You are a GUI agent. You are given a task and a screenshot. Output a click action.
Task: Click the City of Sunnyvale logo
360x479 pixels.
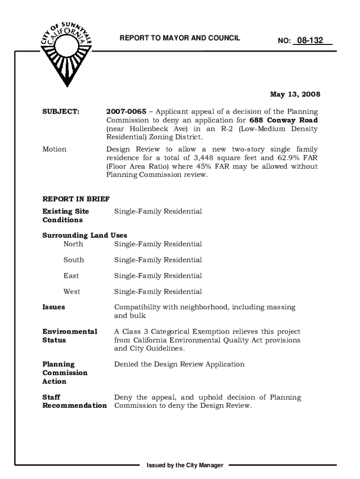[x=65, y=51]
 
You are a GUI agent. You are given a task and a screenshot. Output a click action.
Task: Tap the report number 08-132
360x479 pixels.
[x=312, y=41]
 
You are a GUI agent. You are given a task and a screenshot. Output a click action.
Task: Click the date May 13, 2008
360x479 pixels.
[x=295, y=94]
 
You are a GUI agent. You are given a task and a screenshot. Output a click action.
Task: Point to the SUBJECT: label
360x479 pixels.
[x=61, y=112]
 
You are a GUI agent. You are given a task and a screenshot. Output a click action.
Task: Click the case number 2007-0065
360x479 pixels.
[x=126, y=112]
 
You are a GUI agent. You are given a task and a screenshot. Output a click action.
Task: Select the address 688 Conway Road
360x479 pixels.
[x=284, y=120]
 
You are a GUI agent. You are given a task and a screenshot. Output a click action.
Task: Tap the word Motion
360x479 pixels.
[x=54, y=149]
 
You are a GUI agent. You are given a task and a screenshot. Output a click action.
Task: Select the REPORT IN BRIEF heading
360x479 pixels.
[x=76, y=199]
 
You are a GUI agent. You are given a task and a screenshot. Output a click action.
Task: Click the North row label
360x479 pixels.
[x=73, y=244]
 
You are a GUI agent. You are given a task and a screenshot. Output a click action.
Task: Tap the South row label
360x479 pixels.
[x=74, y=260]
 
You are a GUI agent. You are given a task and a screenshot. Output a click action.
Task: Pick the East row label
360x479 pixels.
[x=71, y=276]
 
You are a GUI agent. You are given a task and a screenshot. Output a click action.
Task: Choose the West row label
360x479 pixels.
[x=72, y=292]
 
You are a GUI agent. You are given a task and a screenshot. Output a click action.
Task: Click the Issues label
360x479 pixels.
[x=54, y=307]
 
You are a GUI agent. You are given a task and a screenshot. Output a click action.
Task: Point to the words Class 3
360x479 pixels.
[x=137, y=332]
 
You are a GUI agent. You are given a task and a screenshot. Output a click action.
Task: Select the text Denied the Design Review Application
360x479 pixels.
[x=179, y=364]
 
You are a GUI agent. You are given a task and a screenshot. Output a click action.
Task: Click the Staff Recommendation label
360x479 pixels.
[x=74, y=401]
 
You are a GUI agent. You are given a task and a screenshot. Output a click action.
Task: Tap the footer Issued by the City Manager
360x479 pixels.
[x=185, y=465]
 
